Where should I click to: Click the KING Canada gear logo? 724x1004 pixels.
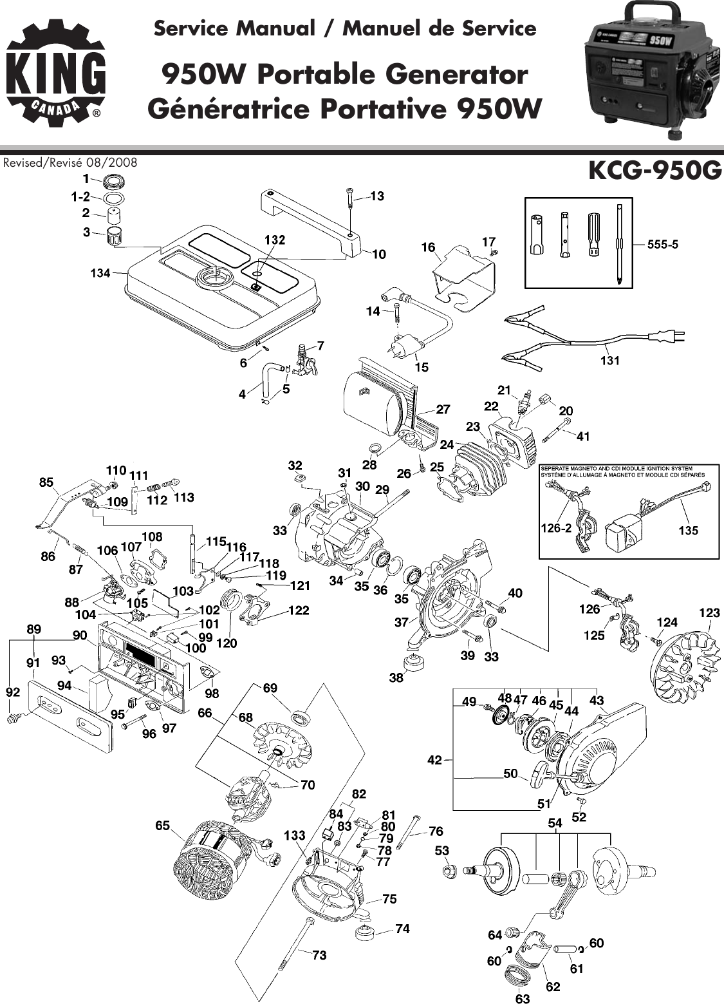55,74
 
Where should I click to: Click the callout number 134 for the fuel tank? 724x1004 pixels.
99,273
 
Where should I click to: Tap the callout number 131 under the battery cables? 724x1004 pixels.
609,361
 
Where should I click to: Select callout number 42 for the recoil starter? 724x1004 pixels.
434,760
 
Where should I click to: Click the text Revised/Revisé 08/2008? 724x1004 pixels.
70,162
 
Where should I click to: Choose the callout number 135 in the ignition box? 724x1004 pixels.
688,530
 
